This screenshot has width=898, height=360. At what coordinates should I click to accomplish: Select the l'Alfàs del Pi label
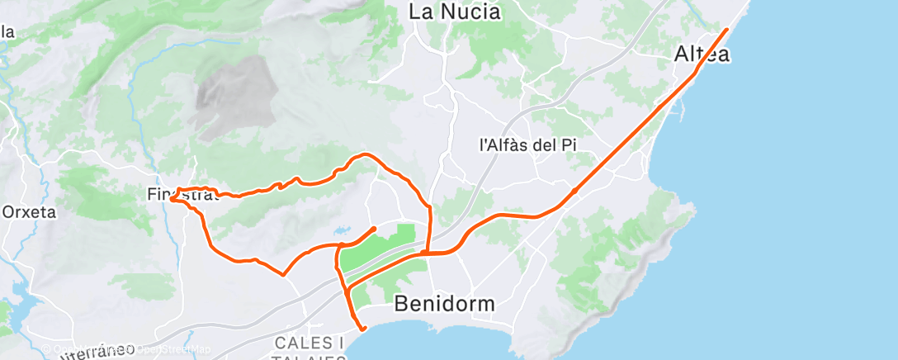click(x=527, y=144)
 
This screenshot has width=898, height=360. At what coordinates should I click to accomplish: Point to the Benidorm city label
click(x=445, y=303)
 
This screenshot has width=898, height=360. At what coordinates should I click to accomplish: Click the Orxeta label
click(x=29, y=211)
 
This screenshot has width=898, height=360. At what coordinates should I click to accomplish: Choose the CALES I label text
click(x=308, y=342)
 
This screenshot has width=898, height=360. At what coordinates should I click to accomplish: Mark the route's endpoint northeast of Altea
click(x=726, y=30)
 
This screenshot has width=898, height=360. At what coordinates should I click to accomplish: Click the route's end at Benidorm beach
click(x=363, y=329)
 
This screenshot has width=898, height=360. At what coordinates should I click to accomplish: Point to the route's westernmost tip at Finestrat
click(x=171, y=198)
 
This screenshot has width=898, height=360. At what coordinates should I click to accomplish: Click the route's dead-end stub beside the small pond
click(x=375, y=228)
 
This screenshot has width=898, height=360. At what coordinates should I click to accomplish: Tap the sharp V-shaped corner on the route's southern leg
click(x=284, y=275)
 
